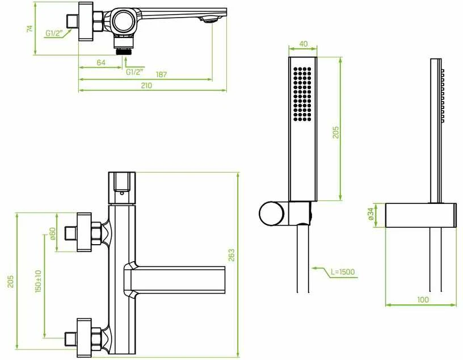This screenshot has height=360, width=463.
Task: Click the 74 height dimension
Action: pyautogui.click(x=30, y=28)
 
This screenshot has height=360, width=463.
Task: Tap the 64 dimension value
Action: pyautogui.click(x=101, y=62)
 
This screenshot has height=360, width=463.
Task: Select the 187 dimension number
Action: pyautogui.click(x=161, y=74)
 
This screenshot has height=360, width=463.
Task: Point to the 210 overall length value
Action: pyautogui.click(x=146, y=85)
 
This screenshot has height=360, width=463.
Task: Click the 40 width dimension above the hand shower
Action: pyautogui.click(x=303, y=44)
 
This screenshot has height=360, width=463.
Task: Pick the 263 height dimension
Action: pyautogui.click(x=231, y=255)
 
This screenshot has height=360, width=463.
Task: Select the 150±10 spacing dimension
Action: pyautogui.click(x=39, y=281)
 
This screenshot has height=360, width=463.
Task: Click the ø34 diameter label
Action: pyautogui.click(x=371, y=214)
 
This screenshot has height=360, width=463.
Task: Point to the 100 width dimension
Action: pyautogui.click(x=423, y=299)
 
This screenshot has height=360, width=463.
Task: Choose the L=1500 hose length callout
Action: pyautogui.click(x=343, y=271)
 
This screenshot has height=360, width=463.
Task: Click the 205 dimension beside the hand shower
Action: pyautogui.click(x=336, y=132)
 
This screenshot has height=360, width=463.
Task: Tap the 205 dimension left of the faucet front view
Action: pyautogui.click(x=11, y=282)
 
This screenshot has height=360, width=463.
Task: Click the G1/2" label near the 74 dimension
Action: pyautogui.click(x=54, y=34)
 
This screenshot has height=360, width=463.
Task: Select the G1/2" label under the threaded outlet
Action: pyautogui.click(x=134, y=72)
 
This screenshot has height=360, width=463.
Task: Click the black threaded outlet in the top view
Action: pyautogui.click(x=124, y=51)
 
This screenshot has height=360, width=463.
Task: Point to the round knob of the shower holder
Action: pyautogui.click(x=272, y=214)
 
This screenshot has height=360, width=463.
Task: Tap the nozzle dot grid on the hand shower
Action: pyautogui.click(x=302, y=94)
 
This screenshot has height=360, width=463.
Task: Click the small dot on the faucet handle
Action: pyautogui.click(x=121, y=193)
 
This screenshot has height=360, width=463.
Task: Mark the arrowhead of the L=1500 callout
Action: pyautogui.click(x=315, y=269)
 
